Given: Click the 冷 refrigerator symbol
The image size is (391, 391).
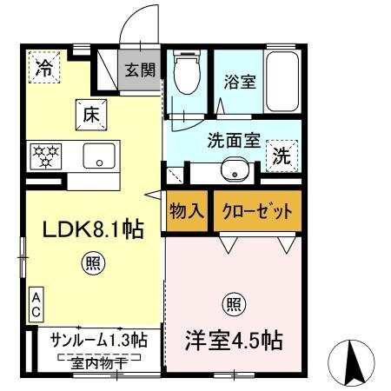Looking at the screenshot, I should [43, 70].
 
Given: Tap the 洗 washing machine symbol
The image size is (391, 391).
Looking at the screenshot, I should [282, 157].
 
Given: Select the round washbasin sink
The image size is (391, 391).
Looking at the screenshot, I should [232, 171].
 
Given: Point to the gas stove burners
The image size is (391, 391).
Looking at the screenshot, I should [46, 156].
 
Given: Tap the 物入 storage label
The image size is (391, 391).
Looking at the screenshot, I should [185, 212].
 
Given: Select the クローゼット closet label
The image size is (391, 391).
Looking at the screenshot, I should [251, 212].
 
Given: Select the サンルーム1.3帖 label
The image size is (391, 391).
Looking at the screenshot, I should [98, 339].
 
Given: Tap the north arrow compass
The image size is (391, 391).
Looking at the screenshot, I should [355, 361].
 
